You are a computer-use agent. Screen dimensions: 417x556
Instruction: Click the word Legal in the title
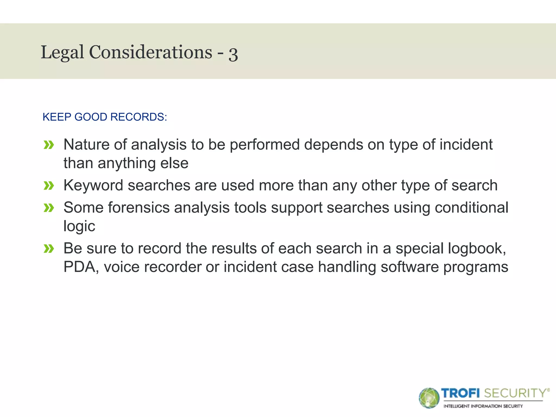[62, 52]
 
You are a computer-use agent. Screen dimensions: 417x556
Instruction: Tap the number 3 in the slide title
[233, 53]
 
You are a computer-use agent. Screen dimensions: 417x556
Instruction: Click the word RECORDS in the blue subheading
[138, 117]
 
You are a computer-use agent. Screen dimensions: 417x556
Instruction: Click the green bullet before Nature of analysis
[49, 145]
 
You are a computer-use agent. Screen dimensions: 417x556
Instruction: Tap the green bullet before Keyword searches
[49, 186]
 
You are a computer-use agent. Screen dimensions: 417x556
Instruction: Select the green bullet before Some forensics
[49, 208]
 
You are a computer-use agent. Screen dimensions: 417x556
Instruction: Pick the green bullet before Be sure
[49, 249]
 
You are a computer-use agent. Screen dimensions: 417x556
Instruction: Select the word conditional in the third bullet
[471, 208]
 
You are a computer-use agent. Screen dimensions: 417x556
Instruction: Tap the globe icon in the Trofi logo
[429, 398]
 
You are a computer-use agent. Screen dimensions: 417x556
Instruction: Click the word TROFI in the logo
[460, 393]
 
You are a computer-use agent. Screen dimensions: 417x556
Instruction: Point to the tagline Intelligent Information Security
[483, 406]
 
